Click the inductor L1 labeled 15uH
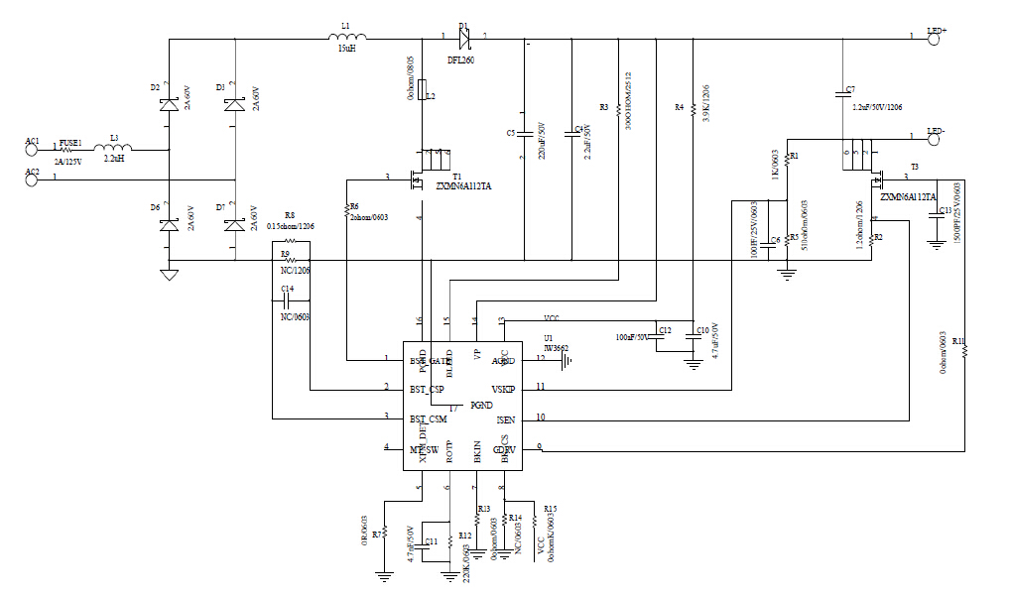[345, 39]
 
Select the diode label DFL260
[460, 60]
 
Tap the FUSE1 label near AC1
[71, 142]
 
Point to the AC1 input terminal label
[33, 142]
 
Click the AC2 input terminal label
[33, 173]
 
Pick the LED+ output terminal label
[937, 32]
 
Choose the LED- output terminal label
[936, 132]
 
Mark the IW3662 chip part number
[557, 348]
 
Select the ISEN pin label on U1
[506, 419]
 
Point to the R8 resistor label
[289, 215]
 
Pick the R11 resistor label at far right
[957, 341]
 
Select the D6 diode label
[155, 206]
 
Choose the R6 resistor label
[354, 206]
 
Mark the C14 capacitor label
[288, 289]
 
